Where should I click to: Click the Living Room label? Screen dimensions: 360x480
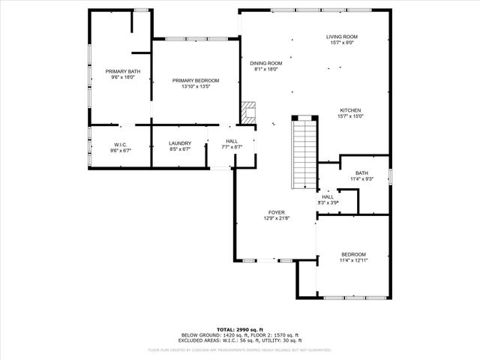point(341,37)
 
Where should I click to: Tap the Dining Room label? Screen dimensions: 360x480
point(265,63)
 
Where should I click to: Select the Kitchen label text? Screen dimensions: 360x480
point(350,110)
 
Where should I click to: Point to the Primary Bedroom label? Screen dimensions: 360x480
point(195,80)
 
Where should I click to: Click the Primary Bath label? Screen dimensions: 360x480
point(122,71)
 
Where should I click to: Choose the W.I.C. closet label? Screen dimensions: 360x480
point(121,143)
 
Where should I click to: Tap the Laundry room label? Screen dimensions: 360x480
point(180,143)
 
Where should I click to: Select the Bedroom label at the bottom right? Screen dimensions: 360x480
point(353,253)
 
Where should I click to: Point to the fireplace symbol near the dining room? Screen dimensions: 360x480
point(248,112)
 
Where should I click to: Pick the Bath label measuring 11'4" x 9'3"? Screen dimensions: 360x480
point(361,172)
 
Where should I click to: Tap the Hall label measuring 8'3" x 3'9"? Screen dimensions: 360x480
point(328,196)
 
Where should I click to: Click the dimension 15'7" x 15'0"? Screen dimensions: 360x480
point(350,116)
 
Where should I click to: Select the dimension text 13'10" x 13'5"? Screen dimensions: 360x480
point(195,86)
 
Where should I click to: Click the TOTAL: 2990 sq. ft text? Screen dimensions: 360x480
point(240,329)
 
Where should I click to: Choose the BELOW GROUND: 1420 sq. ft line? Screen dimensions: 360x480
point(210,334)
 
